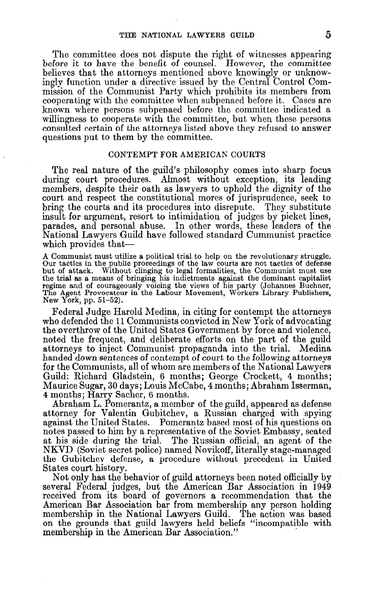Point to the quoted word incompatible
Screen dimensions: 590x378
pyautogui.click(x=280, y=522)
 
